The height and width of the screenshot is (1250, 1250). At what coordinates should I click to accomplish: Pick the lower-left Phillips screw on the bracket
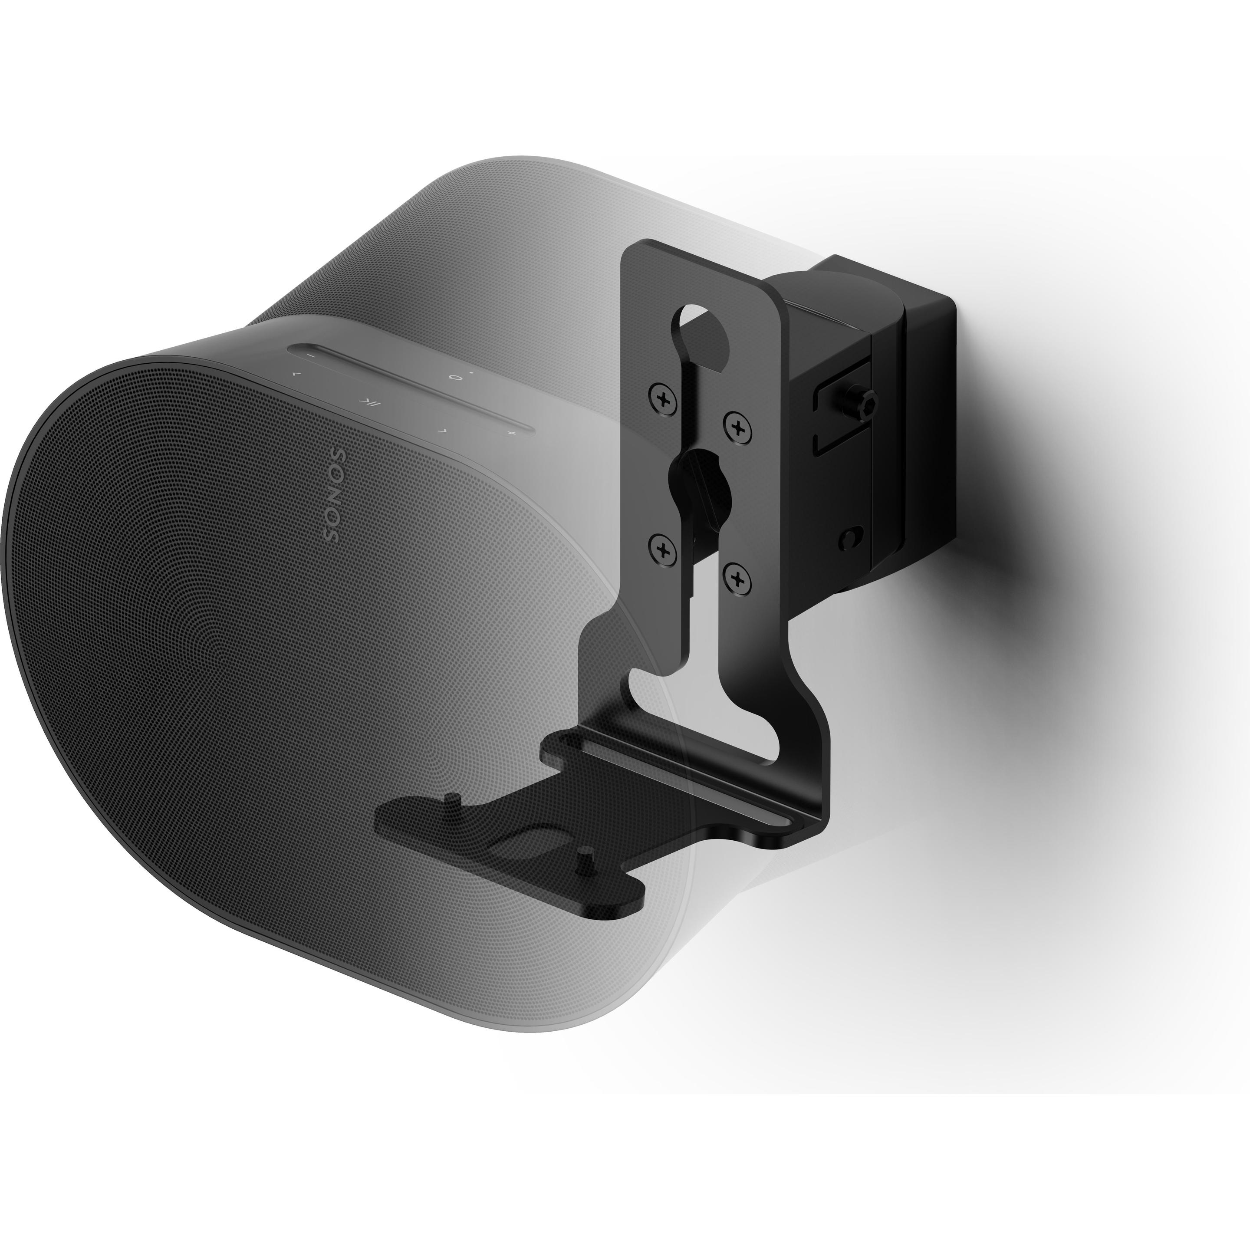point(662,550)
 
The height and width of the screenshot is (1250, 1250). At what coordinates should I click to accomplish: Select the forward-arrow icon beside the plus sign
point(442,429)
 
